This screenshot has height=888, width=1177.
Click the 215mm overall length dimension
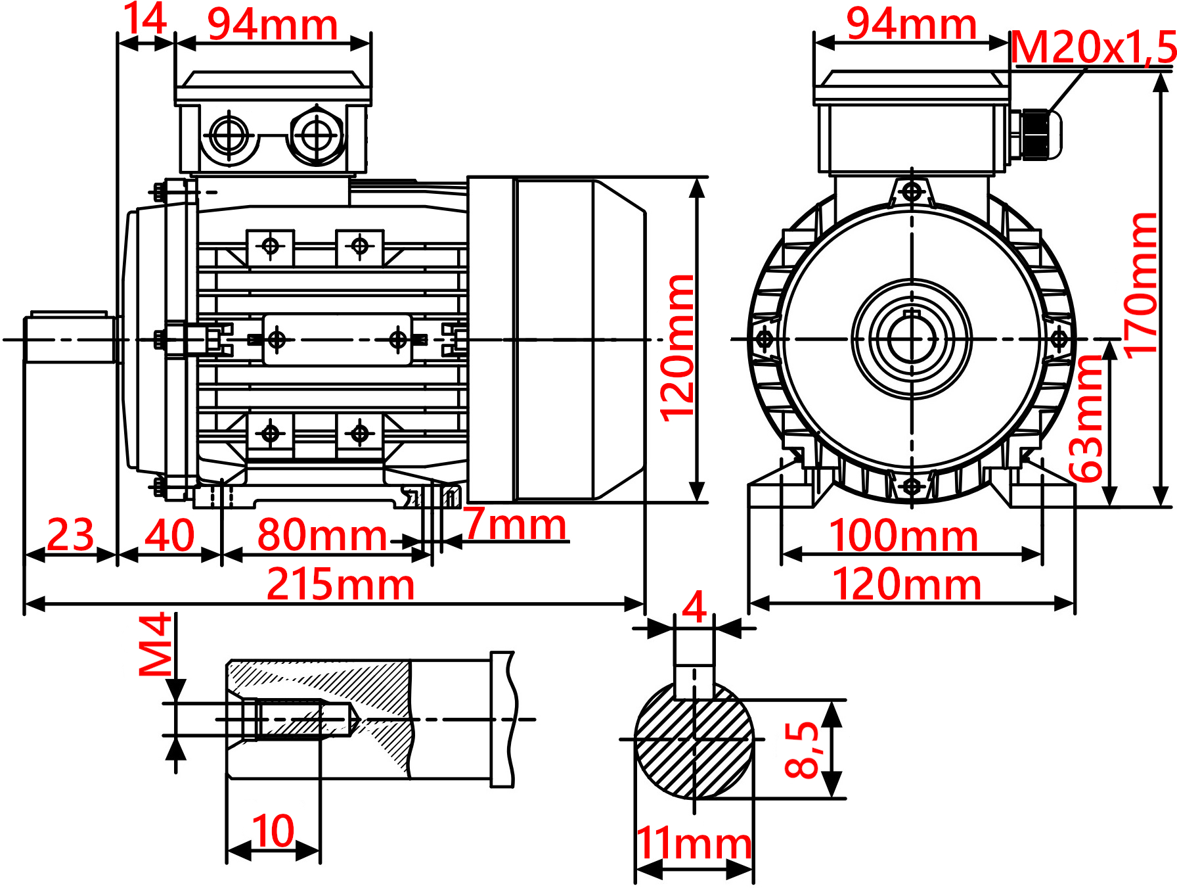pos(340,584)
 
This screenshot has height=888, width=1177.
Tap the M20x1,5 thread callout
pos(1093,47)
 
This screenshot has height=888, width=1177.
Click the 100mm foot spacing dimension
pos(903,535)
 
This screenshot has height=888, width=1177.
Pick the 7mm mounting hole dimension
pos(516,525)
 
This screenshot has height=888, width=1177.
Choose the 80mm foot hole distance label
pos(322,535)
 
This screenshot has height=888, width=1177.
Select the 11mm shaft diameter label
pos(694,843)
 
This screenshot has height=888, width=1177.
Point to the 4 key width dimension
pos(694,607)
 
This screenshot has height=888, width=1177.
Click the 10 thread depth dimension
pos(273,831)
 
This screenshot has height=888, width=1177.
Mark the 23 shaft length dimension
pos(70,535)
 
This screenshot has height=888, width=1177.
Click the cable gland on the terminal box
pos(1036,135)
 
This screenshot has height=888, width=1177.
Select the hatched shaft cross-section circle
pos(694,739)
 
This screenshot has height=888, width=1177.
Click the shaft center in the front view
pos(912,339)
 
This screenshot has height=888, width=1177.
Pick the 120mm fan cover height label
pos(677,348)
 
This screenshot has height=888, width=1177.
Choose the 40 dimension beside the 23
pos(169,535)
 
